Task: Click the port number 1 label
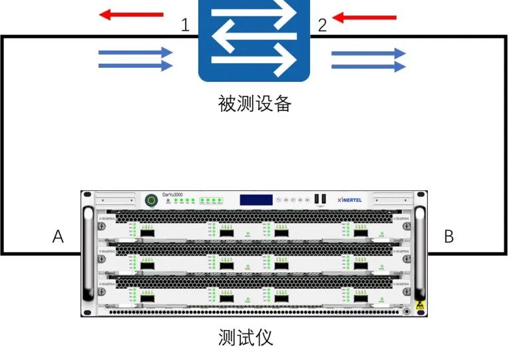coord(186,26)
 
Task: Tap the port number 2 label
coord(322,26)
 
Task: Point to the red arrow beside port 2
coord(364,18)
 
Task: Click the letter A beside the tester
coord(59,236)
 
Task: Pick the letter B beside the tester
coord(449,236)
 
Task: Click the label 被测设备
coord(255,104)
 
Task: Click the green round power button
coord(152,200)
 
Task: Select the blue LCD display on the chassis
coord(256,199)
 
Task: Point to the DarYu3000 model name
coord(172,194)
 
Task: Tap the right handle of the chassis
coord(420,253)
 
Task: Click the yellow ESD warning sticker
coord(418,308)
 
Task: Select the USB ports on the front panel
coord(321,198)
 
